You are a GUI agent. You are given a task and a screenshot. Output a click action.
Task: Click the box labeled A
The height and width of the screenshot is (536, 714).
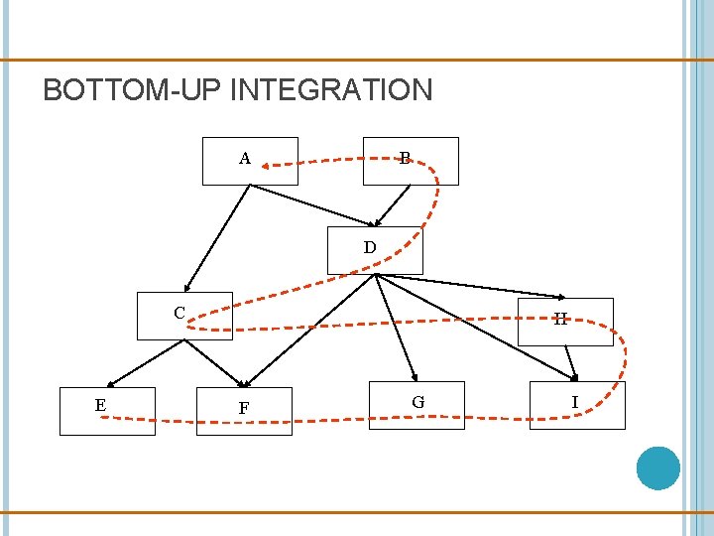[250, 162]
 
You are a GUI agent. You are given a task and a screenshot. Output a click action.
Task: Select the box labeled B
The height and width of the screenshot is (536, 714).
[411, 162]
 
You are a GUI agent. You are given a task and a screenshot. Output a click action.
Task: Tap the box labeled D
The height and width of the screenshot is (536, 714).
[375, 250]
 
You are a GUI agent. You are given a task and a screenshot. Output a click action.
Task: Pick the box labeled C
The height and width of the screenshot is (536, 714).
[185, 316]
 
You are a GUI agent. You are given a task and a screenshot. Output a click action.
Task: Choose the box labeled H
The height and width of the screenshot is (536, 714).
[565, 322]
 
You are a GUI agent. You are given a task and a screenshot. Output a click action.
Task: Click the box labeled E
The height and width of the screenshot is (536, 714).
[107, 411]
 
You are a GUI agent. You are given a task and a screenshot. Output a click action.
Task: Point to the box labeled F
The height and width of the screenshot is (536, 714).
[244, 411]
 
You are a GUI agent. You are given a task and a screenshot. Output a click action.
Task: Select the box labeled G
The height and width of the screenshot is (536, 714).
[416, 405]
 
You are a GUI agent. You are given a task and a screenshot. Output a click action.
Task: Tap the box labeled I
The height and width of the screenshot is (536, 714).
[577, 405]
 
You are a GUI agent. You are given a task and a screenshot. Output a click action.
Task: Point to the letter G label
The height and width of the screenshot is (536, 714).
[418, 402]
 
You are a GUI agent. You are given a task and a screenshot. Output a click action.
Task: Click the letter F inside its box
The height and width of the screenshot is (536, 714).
[244, 408]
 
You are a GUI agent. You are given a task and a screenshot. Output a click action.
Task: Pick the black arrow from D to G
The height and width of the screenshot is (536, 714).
[397, 328]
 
